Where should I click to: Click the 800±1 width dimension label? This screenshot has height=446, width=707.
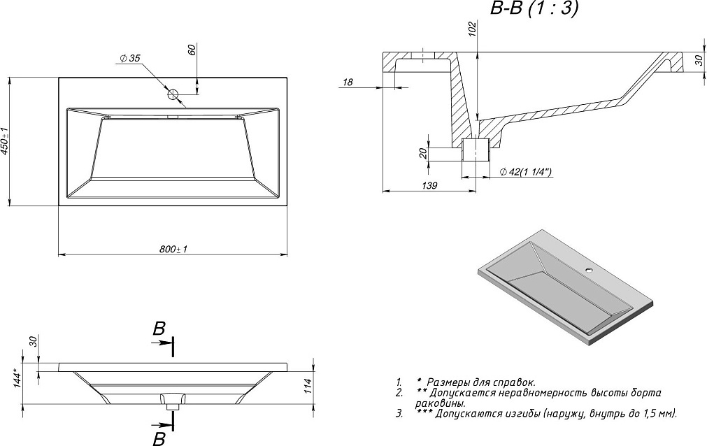click(x=175, y=249)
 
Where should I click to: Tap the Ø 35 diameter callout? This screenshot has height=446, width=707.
click(x=131, y=59)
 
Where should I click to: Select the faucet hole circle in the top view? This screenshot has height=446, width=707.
click(x=173, y=94)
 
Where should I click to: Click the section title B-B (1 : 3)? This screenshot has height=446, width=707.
click(x=531, y=9)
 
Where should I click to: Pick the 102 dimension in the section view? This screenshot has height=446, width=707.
click(x=472, y=29)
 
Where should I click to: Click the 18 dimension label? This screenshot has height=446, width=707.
click(x=348, y=83)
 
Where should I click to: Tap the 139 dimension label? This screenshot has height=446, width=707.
click(x=429, y=185)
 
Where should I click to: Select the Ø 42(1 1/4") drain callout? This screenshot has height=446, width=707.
click(x=525, y=171)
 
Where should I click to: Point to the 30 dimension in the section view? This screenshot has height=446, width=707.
click(x=699, y=61)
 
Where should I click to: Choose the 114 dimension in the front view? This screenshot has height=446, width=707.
click(x=307, y=385)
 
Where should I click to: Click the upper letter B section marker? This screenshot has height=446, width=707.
click(x=159, y=329)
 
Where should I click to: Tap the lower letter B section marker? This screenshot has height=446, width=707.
click(x=159, y=438)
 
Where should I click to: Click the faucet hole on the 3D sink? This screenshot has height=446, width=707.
click(x=588, y=270)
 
